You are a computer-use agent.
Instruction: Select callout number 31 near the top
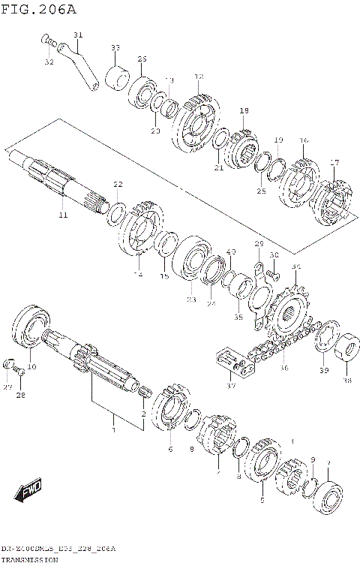tap(79, 35)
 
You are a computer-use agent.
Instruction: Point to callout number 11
tap(62, 215)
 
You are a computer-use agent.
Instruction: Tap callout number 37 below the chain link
tap(230, 386)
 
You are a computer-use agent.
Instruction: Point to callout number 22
tap(118, 184)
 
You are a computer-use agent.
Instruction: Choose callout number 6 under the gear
tap(170, 449)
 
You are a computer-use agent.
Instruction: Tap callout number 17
tap(334, 162)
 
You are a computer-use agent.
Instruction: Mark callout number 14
tap(137, 275)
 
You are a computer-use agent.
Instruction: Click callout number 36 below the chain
tap(283, 368)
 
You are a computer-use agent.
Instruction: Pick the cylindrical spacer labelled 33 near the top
tap(116, 77)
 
